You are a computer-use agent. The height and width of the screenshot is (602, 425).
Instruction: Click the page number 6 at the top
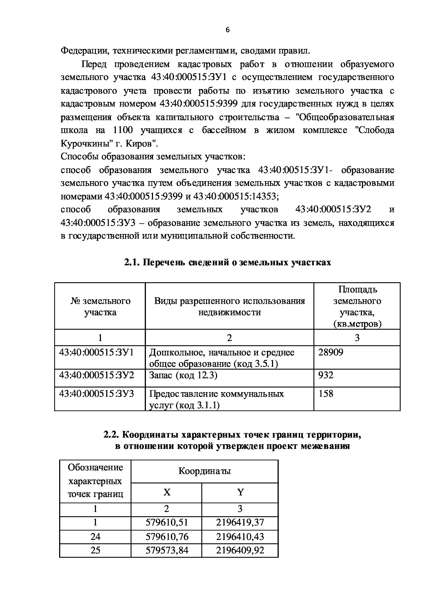[227, 30]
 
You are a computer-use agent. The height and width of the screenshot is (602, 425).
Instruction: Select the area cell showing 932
[326, 375]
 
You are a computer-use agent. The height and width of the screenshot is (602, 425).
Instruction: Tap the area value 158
[326, 394]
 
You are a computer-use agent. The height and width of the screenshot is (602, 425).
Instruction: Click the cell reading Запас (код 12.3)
[183, 375]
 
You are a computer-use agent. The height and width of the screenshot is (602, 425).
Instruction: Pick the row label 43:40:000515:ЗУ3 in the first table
[96, 394]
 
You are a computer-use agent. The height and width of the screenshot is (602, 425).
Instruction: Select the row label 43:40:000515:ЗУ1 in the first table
[96, 353]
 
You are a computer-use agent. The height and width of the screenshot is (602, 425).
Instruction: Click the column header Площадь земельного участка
[357, 306]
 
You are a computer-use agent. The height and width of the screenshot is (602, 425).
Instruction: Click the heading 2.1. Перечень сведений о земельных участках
[227, 262]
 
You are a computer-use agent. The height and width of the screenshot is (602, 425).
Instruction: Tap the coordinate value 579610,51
[166, 523]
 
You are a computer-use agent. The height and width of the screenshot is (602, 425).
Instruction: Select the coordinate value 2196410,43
[240, 536]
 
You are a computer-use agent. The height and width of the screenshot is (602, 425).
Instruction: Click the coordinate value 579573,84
[166, 550]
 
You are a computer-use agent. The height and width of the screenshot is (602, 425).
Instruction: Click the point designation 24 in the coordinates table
[95, 536]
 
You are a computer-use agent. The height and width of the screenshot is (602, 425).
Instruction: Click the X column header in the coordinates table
[166, 492]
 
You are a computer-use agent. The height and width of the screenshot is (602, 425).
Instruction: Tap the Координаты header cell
[204, 471]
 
